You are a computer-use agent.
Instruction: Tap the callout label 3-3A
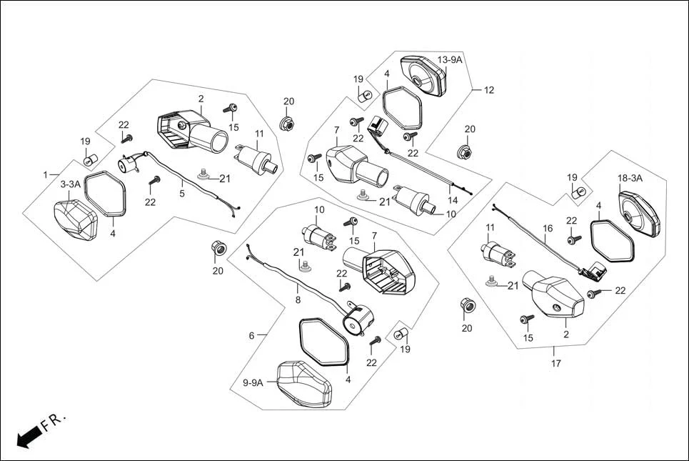70,184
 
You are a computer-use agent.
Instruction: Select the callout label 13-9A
450,60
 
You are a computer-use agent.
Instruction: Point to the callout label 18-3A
630,178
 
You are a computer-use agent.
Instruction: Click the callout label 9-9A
253,383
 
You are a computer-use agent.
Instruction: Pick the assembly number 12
489,91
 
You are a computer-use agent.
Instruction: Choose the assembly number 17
555,364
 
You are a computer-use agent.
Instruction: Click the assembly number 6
251,335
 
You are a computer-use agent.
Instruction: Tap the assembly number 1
46,175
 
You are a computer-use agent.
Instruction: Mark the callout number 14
453,201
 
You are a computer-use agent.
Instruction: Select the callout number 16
548,229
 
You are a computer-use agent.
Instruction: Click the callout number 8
298,300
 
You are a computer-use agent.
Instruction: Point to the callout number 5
181,193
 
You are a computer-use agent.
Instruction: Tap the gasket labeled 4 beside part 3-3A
106,194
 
